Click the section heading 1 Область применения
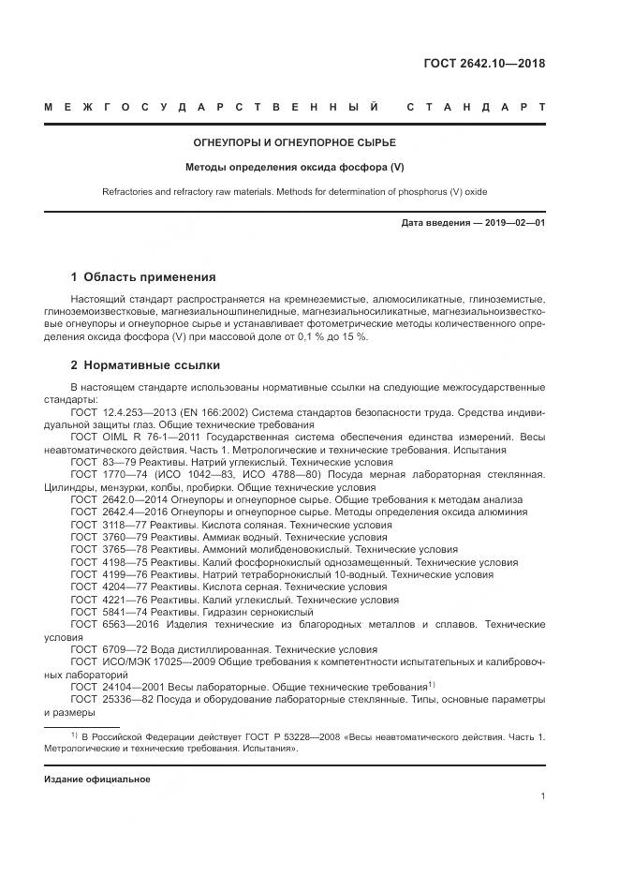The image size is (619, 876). tap(143, 277)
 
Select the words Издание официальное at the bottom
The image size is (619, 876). tap(97, 779)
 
